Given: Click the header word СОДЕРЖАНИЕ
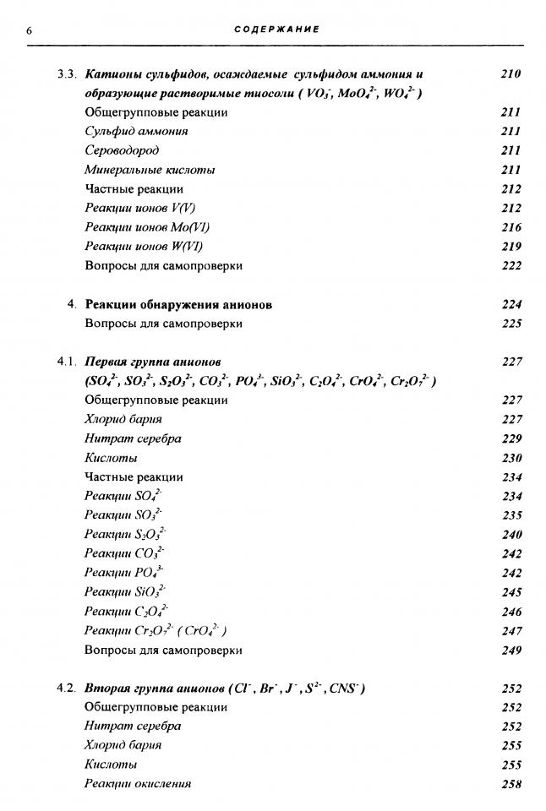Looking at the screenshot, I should coord(276,30).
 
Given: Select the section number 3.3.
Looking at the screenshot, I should coord(67,74).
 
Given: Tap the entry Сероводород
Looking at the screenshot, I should coord(122,150).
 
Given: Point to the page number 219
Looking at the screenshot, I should coord(511,247).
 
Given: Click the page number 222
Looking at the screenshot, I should coord(511,266).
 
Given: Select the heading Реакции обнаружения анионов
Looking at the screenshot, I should coord(177,304).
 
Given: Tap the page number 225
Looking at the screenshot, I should coord(511,324).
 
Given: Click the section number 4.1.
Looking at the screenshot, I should coord(67,362).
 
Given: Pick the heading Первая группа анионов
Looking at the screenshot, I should coord(153,362).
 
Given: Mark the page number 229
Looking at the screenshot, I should coord(511,438).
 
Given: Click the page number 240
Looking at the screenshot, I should coord(511,535).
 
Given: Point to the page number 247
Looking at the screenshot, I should coord(511,631).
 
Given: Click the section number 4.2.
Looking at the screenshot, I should coord(67,689).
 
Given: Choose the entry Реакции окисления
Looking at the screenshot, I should coord(138,783).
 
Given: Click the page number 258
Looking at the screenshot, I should coord(511,784).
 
